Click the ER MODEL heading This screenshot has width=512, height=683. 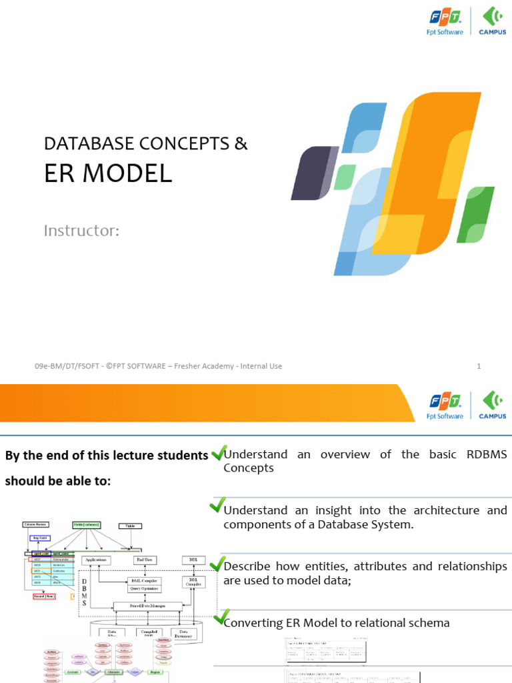point(108,173)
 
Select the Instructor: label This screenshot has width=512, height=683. point(81,231)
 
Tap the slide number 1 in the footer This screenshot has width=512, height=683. point(479,366)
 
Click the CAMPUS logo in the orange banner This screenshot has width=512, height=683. point(493,405)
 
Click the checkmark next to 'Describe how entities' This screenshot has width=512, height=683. point(217,563)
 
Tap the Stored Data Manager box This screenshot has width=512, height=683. point(147,606)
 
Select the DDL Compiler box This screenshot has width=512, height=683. point(193,582)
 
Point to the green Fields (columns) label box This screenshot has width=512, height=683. point(87,524)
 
